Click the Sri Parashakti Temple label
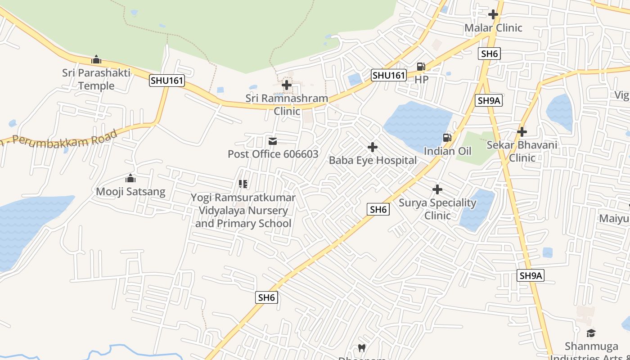[96, 79]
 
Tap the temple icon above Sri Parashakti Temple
[96, 59]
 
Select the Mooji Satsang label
[130, 192]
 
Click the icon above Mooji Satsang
[130, 179]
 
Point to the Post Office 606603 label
[273, 154]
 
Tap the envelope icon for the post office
[273, 142]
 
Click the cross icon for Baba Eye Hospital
[373, 147]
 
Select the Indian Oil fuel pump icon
[447, 138]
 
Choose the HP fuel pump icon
[421, 67]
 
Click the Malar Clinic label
[493, 28]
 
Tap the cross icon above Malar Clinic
[493, 14]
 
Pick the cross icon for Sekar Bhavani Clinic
[522, 132]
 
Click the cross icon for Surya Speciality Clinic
[437, 189]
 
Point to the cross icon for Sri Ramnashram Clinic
[287, 85]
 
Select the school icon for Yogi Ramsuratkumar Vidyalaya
[243, 184]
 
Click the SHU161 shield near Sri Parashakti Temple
[167, 81]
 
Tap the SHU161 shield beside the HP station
[389, 75]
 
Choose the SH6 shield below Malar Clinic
[490, 54]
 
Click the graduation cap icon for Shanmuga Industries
[591, 333]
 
